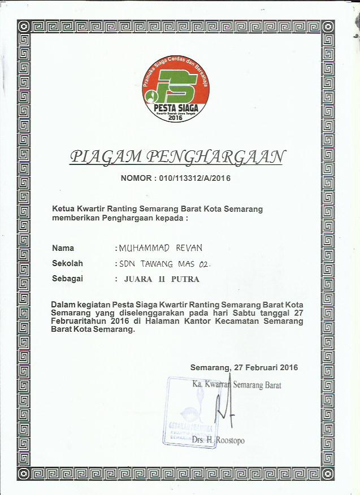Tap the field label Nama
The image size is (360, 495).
(63, 248)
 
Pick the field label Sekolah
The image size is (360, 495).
(67, 263)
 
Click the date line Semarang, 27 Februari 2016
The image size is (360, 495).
(244, 367)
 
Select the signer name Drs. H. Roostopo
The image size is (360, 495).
(218, 440)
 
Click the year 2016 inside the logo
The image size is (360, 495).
(176, 118)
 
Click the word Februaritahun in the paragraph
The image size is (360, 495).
(79, 321)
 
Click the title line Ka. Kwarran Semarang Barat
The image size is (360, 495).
(237, 385)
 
